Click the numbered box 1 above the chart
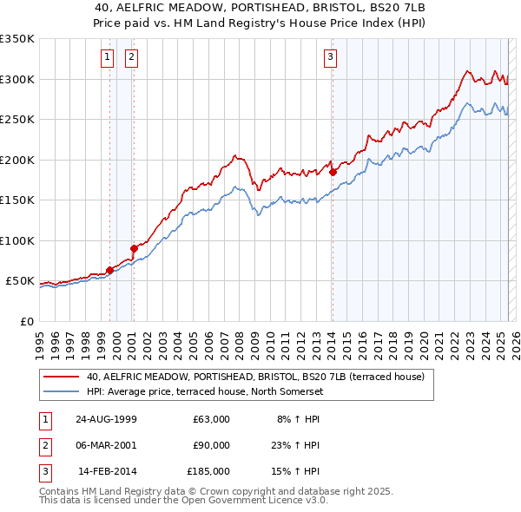[107, 58]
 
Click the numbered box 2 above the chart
[131, 58]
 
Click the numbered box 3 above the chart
[331, 58]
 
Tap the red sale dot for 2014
[333, 172]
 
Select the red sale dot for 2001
[134, 248]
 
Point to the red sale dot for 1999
[110, 270]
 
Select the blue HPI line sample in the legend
[61, 391]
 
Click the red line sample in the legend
[61, 377]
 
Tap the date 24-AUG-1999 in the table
[106, 419]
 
